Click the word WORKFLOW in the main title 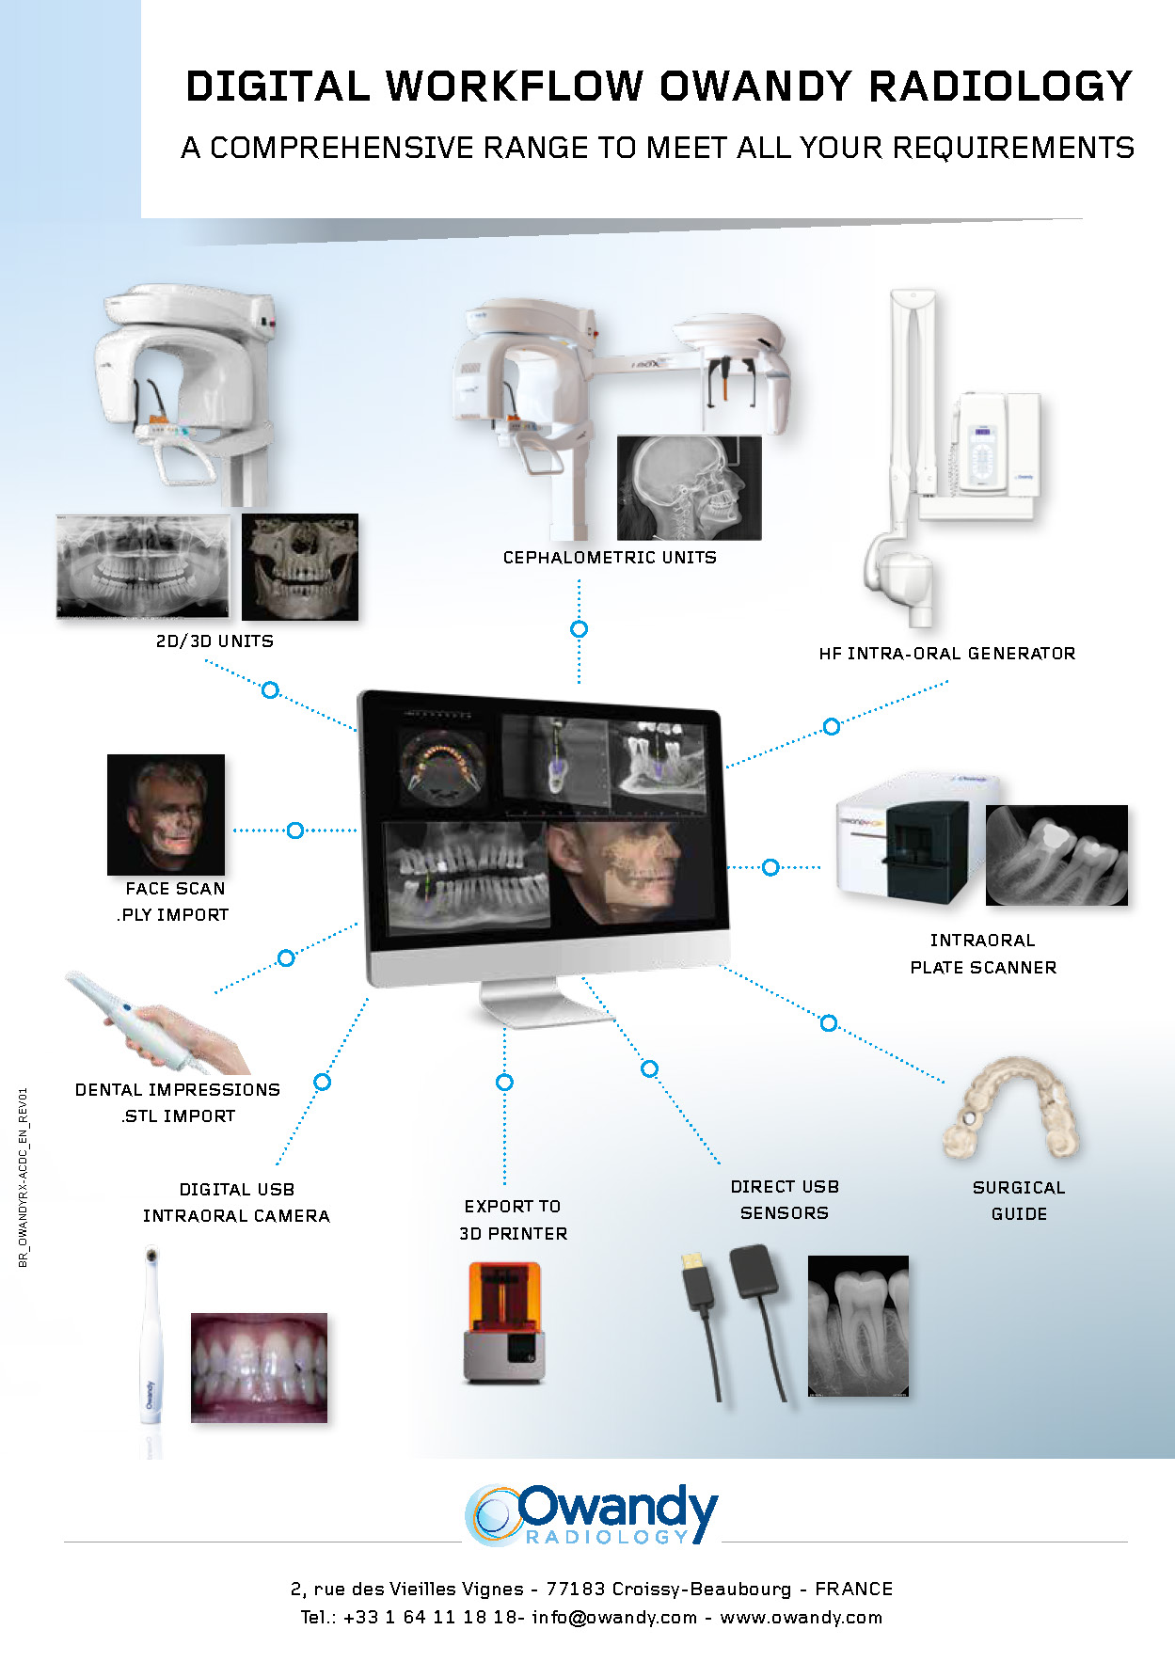pyautogui.click(x=515, y=87)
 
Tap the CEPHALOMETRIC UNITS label pyautogui.click(x=610, y=558)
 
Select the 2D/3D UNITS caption pyautogui.click(x=214, y=641)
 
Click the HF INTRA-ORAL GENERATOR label pyautogui.click(x=946, y=654)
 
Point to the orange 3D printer pyautogui.click(x=504, y=1321)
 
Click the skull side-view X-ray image pyautogui.click(x=689, y=487)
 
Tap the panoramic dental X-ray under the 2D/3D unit pyautogui.click(x=143, y=565)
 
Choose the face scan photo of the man pyautogui.click(x=167, y=815)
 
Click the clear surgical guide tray pyautogui.click(x=1011, y=1109)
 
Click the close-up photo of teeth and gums pyautogui.click(x=259, y=1367)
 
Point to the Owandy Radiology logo pyautogui.click(x=592, y=1515)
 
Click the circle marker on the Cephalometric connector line pyautogui.click(x=580, y=629)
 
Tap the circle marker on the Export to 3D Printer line pyautogui.click(x=504, y=1083)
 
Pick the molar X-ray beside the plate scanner pyautogui.click(x=1056, y=855)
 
